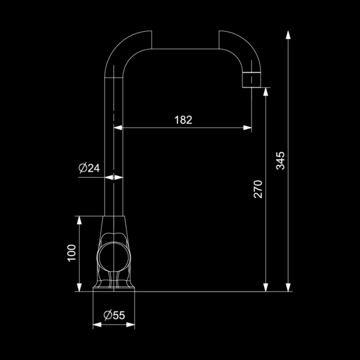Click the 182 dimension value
tap(183, 120)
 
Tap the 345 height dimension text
tap(280, 161)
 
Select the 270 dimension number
tap(258, 189)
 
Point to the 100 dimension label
tap(71, 253)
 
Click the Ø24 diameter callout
tap(89, 168)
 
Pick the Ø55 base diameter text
tap(114, 315)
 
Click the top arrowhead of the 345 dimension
tap(288, 35)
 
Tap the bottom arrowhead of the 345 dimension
tap(288, 287)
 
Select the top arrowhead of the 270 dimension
tap(266, 92)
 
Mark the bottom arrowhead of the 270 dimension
tap(266, 287)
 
